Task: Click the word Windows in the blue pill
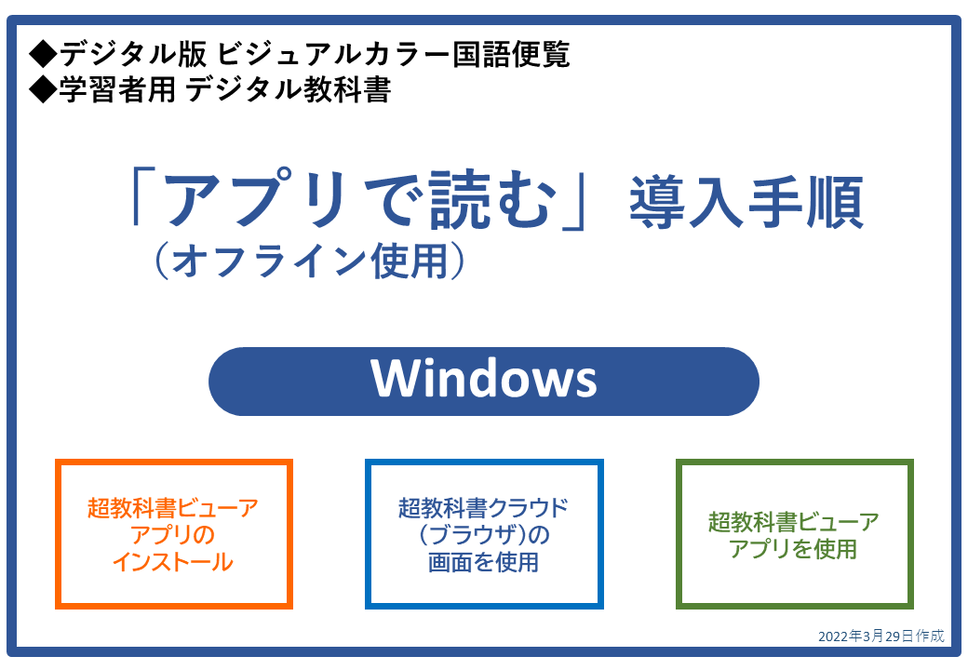pos(483,378)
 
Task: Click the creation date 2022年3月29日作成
pos(881,636)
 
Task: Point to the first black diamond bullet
pos(43,54)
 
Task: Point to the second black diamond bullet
pos(43,89)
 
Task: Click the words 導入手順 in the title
pos(746,202)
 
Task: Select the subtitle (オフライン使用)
pos(310,261)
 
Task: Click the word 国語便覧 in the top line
pos(511,54)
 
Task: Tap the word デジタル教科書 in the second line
pos(288,89)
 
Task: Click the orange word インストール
pos(173,562)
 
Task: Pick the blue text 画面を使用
pos(483,562)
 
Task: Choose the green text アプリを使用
pos(793,548)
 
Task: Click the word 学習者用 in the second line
pos(118,89)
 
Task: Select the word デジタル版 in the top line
pos(133,54)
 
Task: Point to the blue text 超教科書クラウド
pos(483,508)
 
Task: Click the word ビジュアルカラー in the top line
pos(333,54)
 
